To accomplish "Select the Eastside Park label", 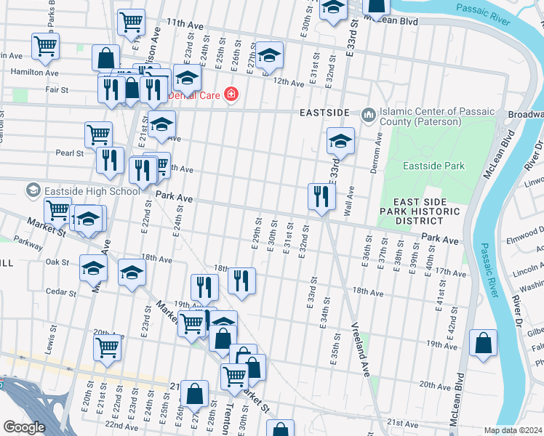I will [x=434, y=166].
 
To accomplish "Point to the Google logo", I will [x=24, y=427].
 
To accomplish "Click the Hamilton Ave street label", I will [x=35, y=72].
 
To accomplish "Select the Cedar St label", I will [x=61, y=293].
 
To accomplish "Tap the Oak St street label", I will [x=56, y=262].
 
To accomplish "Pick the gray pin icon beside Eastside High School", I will [x=33, y=190].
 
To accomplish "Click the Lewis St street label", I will [x=53, y=339].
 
